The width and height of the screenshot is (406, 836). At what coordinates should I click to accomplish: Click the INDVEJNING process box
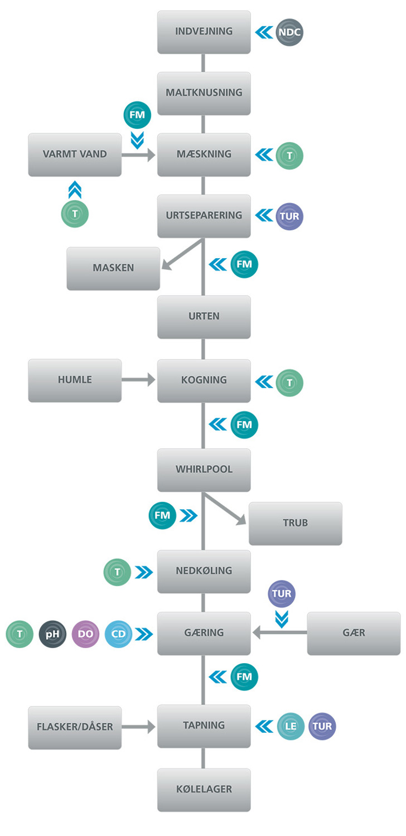click(204, 32)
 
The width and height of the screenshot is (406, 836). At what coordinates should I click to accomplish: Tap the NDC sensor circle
click(290, 32)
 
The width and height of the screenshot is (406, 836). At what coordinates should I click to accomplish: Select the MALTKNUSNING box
click(204, 93)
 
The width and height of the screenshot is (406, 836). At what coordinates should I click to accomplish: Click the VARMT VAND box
click(75, 154)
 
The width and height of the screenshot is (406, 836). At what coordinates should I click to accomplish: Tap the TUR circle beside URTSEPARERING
click(290, 216)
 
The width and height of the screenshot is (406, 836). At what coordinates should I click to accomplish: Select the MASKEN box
click(113, 268)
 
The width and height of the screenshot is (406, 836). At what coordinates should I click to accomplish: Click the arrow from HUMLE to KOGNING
click(139, 380)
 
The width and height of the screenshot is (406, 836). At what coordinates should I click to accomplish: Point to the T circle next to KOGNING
click(290, 382)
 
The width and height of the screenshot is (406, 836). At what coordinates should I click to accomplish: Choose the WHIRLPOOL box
click(204, 470)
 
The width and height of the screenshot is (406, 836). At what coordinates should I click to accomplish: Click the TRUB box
click(295, 524)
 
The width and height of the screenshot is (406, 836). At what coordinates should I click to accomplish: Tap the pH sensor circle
click(52, 634)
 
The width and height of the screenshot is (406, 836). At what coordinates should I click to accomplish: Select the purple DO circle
click(85, 634)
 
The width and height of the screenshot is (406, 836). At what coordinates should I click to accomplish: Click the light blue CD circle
click(118, 634)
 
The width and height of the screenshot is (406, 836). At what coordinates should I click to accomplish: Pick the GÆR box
click(354, 633)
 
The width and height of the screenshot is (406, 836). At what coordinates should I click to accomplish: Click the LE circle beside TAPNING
click(291, 726)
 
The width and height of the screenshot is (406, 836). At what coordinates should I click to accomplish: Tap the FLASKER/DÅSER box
click(75, 727)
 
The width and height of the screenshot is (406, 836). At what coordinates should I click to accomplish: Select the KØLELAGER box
click(204, 790)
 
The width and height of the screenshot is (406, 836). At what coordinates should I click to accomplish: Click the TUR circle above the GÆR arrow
click(282, 594)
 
